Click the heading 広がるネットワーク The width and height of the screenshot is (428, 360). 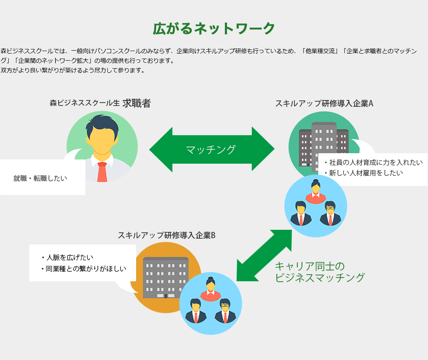214,28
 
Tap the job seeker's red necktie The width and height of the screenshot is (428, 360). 102,172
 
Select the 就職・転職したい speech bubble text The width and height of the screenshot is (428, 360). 40,178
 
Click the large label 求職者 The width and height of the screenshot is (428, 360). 137,103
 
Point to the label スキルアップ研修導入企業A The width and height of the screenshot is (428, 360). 324,103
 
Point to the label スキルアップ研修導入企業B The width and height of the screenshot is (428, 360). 167,235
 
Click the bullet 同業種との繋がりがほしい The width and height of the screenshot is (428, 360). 86,268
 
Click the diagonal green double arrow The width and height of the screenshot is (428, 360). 264,255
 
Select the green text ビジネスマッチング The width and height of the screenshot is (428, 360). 320,277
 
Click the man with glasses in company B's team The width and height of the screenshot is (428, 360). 225,311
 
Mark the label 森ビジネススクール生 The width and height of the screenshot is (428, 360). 85,103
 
